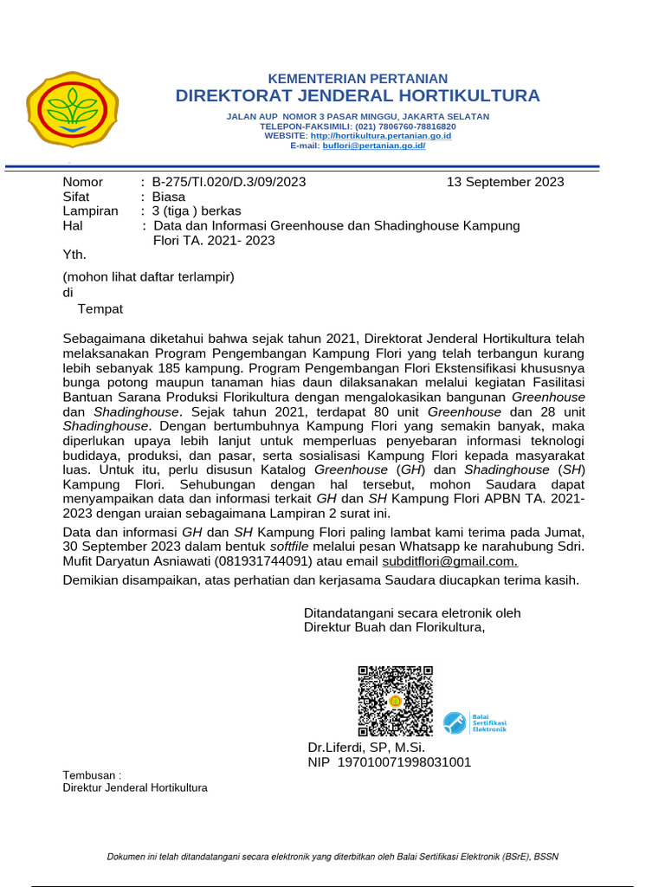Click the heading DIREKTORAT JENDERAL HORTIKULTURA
pos(357,95)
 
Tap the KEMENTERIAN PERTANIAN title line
pos(357,78)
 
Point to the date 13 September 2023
pos(505,182)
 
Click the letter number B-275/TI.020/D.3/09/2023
pos(229,182)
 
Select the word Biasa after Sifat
pos(169,197)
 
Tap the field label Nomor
pos(83,182)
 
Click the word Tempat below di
pos(100,309)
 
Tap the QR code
pos(396,700)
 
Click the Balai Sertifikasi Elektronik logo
pos(475,722)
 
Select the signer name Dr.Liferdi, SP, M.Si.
pos(366,748)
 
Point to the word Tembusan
pos(89,774)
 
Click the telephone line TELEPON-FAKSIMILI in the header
pos(358,126)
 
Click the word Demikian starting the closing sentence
pos(92,579)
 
